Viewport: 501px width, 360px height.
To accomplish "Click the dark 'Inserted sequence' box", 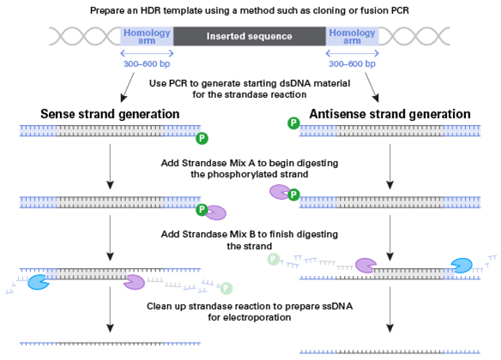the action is tap(250, 36).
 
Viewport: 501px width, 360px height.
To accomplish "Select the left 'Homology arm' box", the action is tap(147, 36).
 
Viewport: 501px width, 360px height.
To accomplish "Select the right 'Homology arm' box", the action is tap(352, 36).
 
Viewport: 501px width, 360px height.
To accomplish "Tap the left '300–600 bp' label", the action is tap(147, 63).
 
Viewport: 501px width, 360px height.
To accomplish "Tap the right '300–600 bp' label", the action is tap(352, 63).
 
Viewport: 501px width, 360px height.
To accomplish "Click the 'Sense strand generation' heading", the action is tap(110, 114).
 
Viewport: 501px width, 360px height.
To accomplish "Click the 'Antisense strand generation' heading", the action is tap(389, 114).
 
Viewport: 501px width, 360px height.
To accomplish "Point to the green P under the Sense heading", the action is tap(202, 138).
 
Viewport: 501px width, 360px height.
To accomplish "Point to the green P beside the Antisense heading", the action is tap(293, 123).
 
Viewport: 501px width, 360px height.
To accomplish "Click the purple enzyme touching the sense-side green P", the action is tap(215, 213).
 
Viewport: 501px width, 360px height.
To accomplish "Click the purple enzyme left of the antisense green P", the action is tap(281, 192).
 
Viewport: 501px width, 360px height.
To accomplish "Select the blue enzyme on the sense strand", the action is tap(39, 282).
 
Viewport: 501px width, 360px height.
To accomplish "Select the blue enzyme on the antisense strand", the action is tap(462, 266).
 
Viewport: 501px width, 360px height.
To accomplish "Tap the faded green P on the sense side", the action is tap(226, 288).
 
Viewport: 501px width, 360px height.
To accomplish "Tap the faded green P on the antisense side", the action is tap(274, 259).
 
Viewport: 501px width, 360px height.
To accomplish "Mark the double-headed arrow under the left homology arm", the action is tap(147, 53).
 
